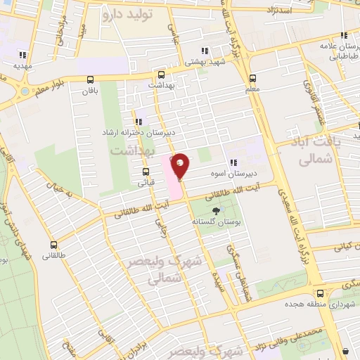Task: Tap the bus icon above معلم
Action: click(x=252, y=77)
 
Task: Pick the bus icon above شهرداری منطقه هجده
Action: click(x=320, y=292)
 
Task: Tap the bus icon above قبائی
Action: click(x=146, y=171)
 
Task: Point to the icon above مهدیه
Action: click(x=22, y=54)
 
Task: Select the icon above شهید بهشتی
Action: click(x=205, y=50)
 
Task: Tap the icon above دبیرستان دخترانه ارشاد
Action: click(x=138, y=121)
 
